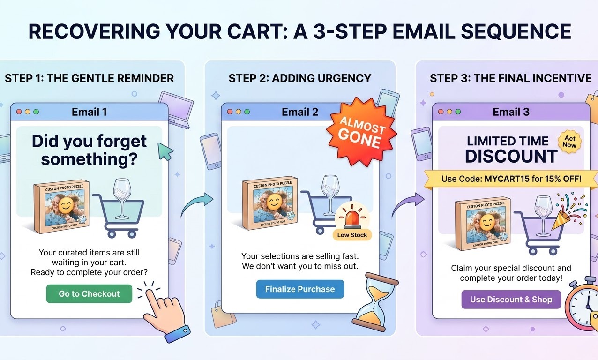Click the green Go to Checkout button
tap(89, 294)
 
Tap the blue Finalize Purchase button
tap(300, 289)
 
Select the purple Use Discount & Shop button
tap(511, 300)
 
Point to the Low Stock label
tap(352, 235)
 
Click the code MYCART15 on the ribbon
tap(514, 179)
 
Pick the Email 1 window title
tap(89, 112)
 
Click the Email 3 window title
tap(511, 112)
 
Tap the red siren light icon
tap(352, 216)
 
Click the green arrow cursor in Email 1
tap(165, 151)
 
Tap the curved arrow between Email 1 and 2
tap(196, 205)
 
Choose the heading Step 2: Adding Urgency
tap(300, 78)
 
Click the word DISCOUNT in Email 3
tap(511, 156)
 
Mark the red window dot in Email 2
tap(230, 112)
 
